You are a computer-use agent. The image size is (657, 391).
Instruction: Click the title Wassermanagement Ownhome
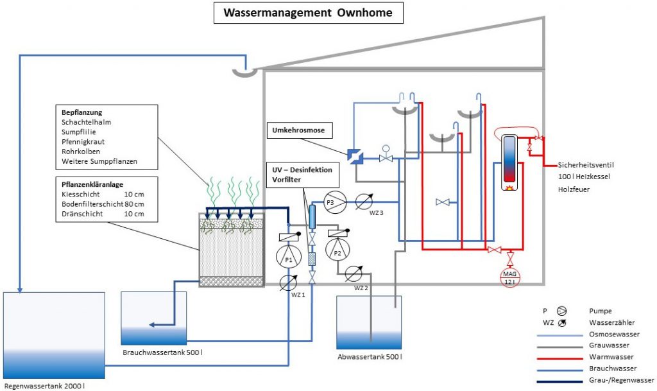309,13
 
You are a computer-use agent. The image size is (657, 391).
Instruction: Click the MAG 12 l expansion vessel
510,277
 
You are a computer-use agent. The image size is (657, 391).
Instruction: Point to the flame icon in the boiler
509,189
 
